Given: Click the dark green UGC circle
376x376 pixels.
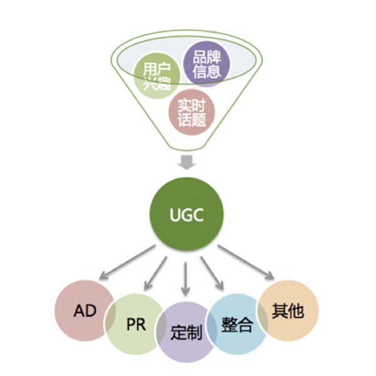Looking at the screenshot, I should [x=187, y=215].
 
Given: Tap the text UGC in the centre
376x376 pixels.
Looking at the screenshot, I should [x=187, y=216].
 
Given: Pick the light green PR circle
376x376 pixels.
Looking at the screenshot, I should [x=133, y=325].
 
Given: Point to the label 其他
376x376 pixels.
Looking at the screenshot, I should [x=288, y=311].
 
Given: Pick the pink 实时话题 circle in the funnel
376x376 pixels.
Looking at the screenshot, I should [x=192, y=112].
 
